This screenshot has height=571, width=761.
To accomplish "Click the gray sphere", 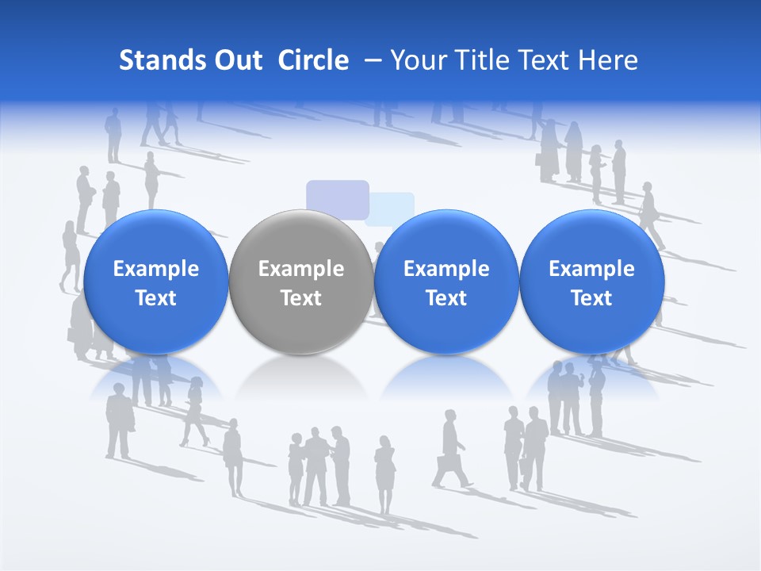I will click(301, 282).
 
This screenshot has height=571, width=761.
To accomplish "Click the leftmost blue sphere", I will click(156, 282).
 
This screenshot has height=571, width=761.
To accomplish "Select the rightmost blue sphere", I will click(591, 282).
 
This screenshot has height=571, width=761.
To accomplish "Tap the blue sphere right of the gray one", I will click(446, 282).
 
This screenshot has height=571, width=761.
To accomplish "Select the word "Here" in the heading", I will click(607, 60).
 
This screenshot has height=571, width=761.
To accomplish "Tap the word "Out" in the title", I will click(236, 60).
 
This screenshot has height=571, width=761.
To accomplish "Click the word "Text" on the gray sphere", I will click(301, 298).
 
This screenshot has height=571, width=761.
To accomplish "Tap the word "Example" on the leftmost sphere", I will click(156, 269).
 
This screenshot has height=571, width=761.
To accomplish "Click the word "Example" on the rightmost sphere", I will click(591, 269).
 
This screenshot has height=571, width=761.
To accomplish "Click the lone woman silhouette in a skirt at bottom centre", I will click(385, 472).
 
